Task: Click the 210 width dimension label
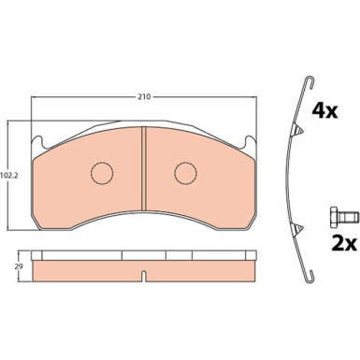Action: click(144, 96)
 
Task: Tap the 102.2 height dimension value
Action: click(9, 175)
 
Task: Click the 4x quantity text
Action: click(324, 110)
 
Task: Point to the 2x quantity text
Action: click(343, 243)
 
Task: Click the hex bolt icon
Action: click(344, 216)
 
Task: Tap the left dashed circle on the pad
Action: click(102, 173)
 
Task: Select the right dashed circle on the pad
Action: click(185, 173)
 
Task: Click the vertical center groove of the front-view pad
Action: click(144, 168)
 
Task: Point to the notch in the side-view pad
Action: click(144, 276)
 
